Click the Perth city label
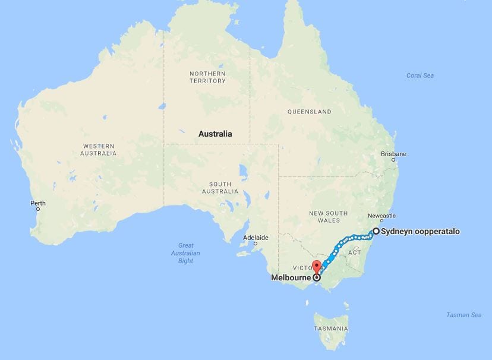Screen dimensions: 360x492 pyautogui.click(x=37, y=203)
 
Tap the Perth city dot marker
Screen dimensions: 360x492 pyautogui.click(x=37, y=209)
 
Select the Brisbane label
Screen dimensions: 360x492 pyautogui.click(x=394, y=154)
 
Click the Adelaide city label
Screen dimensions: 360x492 pyautogui.click(x=256, y=238)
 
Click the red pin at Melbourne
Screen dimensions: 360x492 pyautogui.click(x=317, y=267)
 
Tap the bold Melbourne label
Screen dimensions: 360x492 pyautogui.click(x=291, y=277)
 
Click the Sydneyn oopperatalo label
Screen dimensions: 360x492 pyautogui.click(x=420, y=232)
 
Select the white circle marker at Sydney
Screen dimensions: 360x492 pyautogui.click(x=376, y=232)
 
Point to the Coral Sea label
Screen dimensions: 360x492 pyautogui.click(x=420, y=75)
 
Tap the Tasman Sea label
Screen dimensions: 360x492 pyautogui.click(x=464, y=315)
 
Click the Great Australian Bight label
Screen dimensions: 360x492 pyautogui.click(x=186, y=253)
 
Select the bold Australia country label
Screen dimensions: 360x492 pyautogui.click(x=215, y=134)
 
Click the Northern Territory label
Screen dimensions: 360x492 pyautogui.click(x=207, y=77)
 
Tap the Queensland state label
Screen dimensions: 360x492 pyautogui.click(x=309, y=112)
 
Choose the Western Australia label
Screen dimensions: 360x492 pyautogui.click(x=99, y=150)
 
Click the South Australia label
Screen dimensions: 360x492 pyautogui.click(x=220, y=188)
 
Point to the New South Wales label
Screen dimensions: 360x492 pyautogui.click(x=329, y=217)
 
